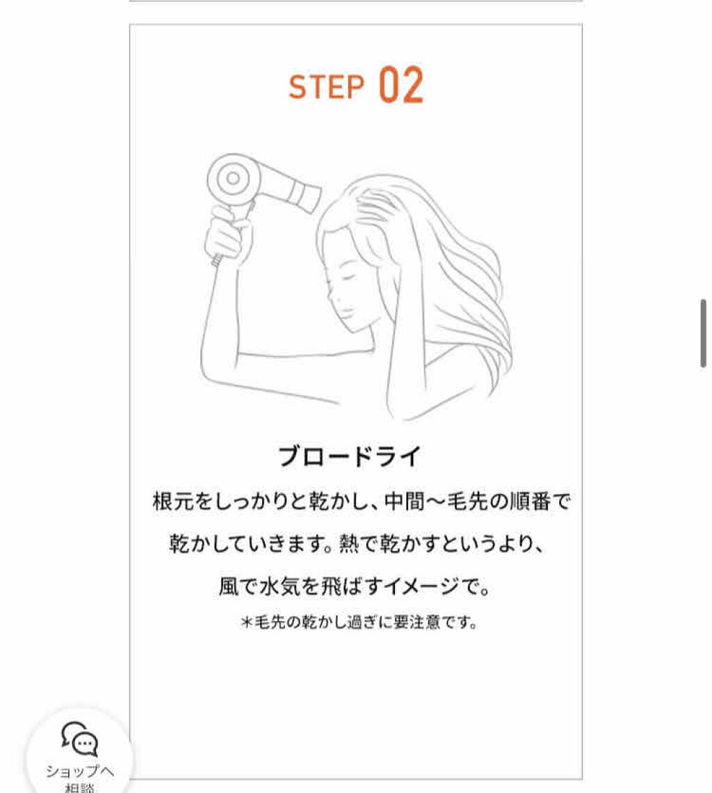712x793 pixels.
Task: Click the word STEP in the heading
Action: point(326,87)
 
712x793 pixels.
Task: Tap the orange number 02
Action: point(401,86)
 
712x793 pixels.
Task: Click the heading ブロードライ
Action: point(350,457)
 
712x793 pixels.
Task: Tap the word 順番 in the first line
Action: point(523,502)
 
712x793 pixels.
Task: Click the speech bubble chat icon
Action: point(80,739)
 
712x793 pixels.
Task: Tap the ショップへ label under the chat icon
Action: point(80,771)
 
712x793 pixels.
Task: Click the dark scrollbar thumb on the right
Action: point(703,333)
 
